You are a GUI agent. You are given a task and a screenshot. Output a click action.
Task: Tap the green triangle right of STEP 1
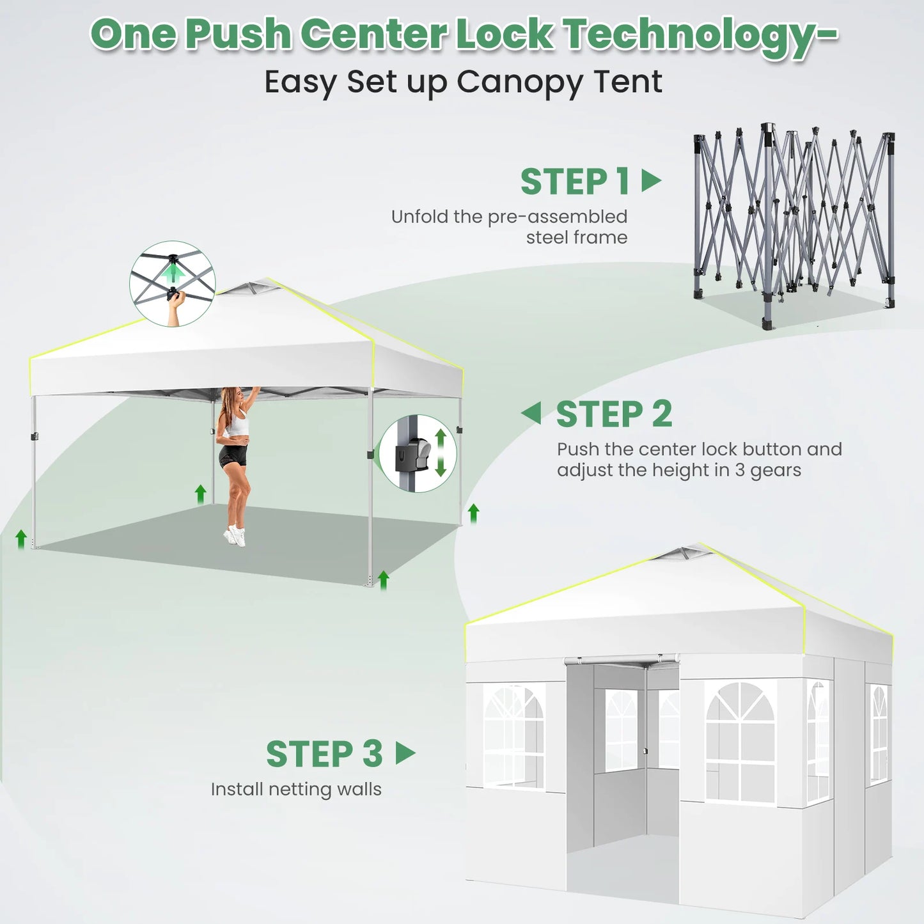pos(652,180)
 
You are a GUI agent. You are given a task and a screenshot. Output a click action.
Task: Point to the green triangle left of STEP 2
pos(531,412)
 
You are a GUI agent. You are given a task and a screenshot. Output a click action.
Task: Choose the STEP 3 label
pos(325,754)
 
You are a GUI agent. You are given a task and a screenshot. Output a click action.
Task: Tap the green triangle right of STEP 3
pos(405,753)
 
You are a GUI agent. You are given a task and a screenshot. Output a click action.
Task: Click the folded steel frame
pos(794,225)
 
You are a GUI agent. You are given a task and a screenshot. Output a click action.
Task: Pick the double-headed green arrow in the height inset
pos(441,453)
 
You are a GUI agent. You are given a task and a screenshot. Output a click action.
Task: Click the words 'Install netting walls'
pos(296,789)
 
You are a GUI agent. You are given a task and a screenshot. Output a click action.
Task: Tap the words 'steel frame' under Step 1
pos(577,237)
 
